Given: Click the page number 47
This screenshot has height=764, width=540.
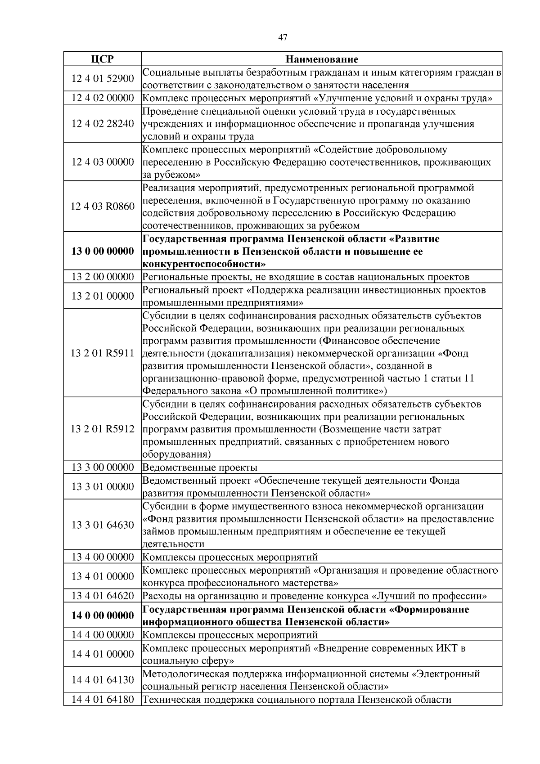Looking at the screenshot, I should point(283,38).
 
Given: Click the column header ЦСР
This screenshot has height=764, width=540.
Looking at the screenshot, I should point(102,59).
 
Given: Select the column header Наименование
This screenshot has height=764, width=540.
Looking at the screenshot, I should point(322,59).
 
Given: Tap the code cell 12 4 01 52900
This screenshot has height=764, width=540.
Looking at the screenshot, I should point(103,79).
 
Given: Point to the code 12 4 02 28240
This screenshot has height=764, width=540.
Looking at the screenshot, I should point(103,124).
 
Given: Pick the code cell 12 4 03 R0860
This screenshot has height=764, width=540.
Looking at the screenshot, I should point(103,207).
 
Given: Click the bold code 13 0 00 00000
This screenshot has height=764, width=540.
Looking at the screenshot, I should point(103,251).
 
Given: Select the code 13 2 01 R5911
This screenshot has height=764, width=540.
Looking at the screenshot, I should point(103,353).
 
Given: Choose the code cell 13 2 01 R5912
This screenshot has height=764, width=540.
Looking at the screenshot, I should point(103,429).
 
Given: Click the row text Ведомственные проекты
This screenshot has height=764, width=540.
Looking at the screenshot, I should point(200,467).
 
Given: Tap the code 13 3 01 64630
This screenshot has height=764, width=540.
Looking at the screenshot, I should point(103,525).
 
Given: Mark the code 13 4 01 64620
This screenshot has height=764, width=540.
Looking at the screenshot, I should point(103,596).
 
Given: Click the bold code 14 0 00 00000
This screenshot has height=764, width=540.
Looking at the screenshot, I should point(103,616).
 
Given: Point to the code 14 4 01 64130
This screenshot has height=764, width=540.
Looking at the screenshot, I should point(103,680).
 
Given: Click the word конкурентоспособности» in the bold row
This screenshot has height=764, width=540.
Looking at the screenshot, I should point(204,264).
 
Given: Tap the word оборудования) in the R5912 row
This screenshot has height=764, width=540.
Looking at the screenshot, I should point(176,454).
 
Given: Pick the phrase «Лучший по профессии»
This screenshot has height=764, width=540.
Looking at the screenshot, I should point(429,596).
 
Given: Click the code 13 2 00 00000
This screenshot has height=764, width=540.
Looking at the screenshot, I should point(103,277).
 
